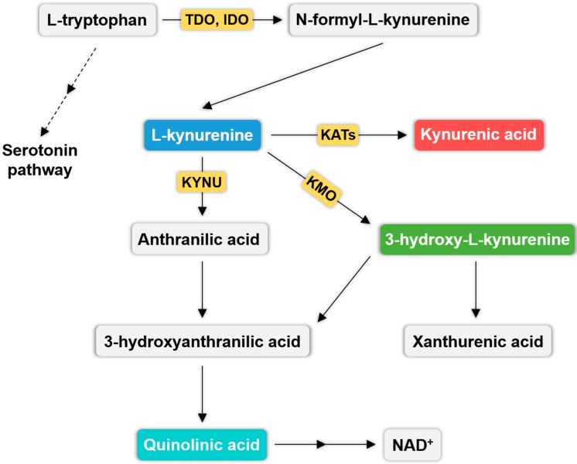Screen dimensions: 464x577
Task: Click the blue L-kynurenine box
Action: (x=203, y=135)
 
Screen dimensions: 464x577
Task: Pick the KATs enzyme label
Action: (x=338, y=135)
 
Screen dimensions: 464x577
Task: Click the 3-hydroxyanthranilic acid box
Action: (x=203, y=339)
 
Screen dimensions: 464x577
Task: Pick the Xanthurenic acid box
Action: (x=479, y=339)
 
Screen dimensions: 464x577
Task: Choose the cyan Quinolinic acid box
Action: (x=202, y=445)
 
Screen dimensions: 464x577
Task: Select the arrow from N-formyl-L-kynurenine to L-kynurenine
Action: (x=295, y=76)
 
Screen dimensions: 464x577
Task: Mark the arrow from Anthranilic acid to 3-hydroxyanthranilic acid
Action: (x=202, y=290)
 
